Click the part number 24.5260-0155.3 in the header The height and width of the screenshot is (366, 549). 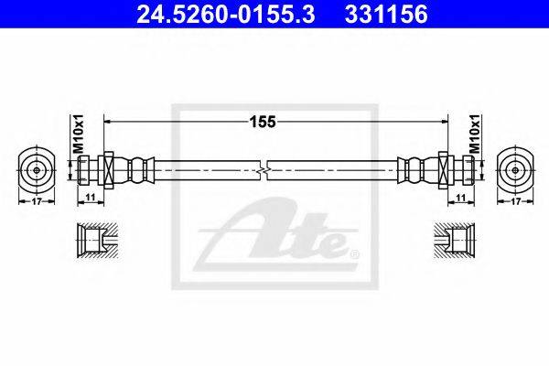[x=226, y=14]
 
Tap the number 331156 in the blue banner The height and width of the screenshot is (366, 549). [x=386, y=14]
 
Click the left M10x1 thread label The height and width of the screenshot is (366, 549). [x=80, y=134]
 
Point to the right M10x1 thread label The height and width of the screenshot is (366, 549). [x=475, y=134]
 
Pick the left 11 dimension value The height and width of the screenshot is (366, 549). [x=91, y=198]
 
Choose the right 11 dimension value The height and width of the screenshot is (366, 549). [x=461, y=198]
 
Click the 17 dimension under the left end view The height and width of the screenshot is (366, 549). [x=37, y=201]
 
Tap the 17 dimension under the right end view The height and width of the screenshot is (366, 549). [x=515, y=201]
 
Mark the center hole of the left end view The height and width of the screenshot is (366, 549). [x=37, y=170]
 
